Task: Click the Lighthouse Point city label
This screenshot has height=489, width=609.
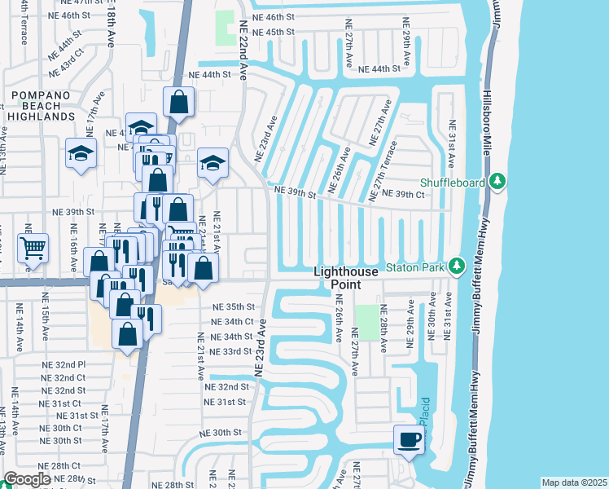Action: click(x=346, y=278)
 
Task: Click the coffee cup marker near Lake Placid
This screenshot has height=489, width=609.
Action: click(x=409, y=439)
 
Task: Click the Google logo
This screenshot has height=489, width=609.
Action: click(x=26, y=479)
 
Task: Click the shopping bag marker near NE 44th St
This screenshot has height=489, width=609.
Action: click(x=178, y=102)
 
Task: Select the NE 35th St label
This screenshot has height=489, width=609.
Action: click(x=234, y=307)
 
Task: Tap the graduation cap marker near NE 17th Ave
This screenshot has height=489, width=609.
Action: click(x=81, y=154)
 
